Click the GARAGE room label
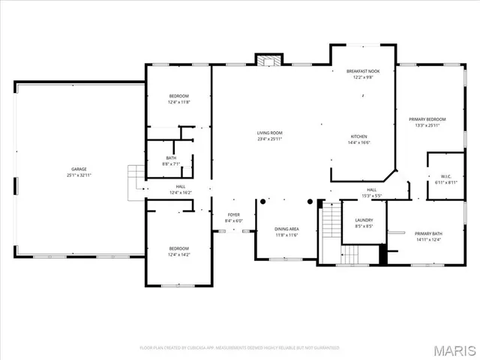(x=79, y=169)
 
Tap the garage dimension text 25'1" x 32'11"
(x=79, y=175)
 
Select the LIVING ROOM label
(x=270, y=133)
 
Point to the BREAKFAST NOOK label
(x=363, y=71)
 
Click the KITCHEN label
(x=358, y=136)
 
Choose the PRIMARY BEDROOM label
(x=427, y=119)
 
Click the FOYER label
(x=234, y=214)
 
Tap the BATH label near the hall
(x=171, y=157)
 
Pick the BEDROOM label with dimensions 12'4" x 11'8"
(x=178, y=96)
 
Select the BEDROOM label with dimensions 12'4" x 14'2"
(x=178, y=248)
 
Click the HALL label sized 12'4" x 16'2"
(x=181, y=187)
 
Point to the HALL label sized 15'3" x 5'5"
(x=372, y=190)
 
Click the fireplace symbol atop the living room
(x=268, y=60)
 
